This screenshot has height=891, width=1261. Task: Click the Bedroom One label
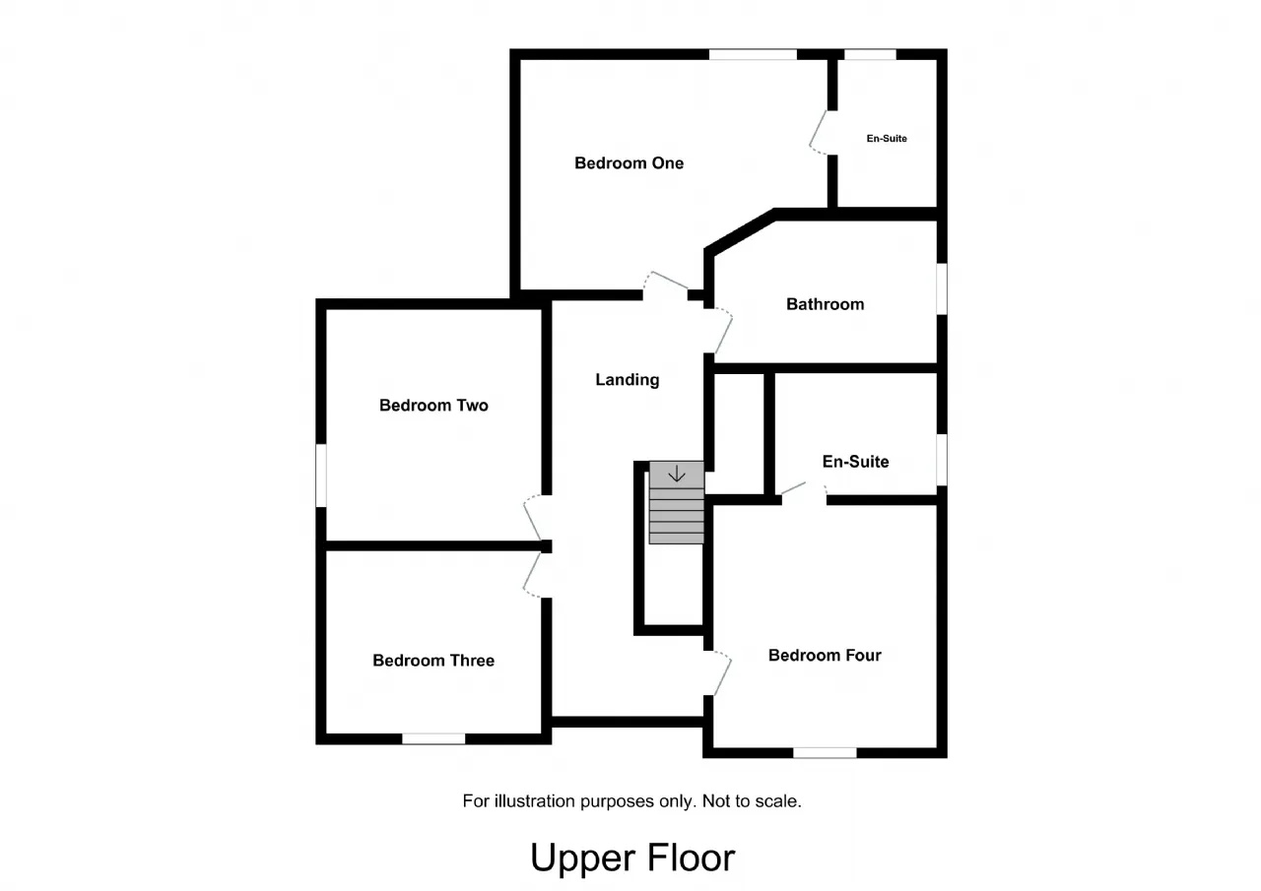point(629,163)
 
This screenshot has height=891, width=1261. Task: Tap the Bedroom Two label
point(433,405)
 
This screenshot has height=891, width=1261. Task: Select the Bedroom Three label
point(433,660)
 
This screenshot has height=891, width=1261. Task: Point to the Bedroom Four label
point(825,655)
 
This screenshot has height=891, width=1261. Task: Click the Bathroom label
point(826,304)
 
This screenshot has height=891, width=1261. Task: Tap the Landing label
point(628,380)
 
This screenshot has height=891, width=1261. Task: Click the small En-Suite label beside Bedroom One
point(887,139)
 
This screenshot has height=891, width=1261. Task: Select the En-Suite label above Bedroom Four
point(856,461)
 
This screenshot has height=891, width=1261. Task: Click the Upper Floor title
point(632,858)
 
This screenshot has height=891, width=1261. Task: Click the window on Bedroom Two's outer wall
point(321,476)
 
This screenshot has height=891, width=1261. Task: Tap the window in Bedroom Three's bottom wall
point(433,739)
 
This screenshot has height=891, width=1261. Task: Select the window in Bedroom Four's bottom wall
point(825,752)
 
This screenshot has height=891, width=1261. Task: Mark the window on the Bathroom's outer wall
point(942,288)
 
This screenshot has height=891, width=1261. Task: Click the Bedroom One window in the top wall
point(753,54)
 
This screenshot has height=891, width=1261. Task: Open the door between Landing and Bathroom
point(719,330)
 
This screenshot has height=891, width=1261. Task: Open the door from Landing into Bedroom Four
point(718,673)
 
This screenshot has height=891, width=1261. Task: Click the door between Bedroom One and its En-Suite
point(820,132)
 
